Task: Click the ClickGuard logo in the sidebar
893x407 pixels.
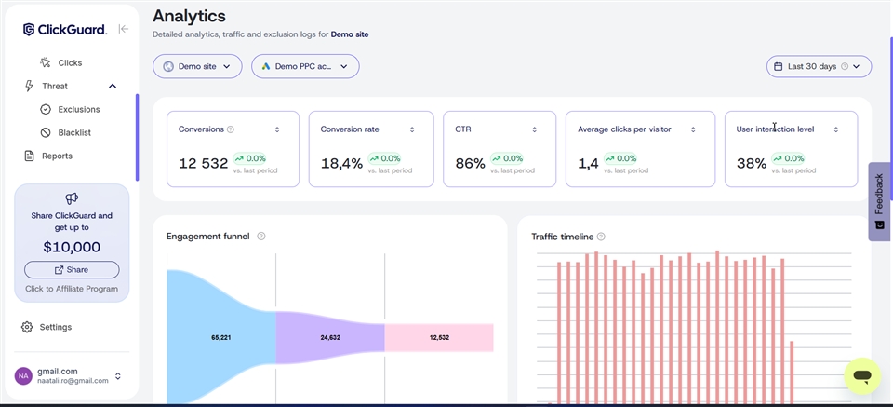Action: (65, 30)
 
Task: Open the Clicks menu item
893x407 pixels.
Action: (70, 62)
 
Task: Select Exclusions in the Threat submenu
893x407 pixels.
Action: (78, 109)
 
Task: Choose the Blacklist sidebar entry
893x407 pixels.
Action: (73, 132)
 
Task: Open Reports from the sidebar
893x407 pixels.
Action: (56, 156)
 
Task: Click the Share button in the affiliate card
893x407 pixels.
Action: (72, 269)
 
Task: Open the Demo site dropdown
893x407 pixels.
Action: (197, 66)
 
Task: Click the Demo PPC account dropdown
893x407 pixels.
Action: (305, 66)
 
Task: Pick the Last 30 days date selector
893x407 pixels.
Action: (819, 66)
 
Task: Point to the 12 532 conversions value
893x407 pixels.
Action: (203, 164)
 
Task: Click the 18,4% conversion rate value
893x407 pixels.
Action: (341, 164)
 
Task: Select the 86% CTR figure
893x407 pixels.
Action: (470, 164)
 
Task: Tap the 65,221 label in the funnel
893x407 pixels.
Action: (221, 337)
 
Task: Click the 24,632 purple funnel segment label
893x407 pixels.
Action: (330, 337)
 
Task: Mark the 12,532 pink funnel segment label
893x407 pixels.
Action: (439, 337)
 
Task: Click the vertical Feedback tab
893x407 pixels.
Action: (879, 201)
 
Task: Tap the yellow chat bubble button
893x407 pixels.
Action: (862, 376)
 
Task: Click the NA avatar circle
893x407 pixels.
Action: (23, 375)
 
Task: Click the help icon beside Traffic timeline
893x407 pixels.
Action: (601, 237)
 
